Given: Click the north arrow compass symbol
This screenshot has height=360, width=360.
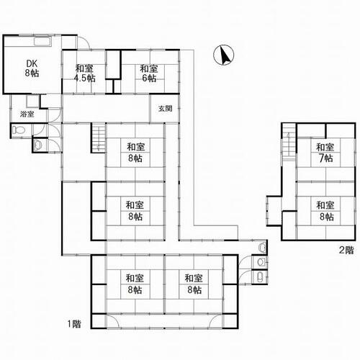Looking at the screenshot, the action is (224, 55).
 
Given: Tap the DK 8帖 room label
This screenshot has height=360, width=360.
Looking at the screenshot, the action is (32, 68).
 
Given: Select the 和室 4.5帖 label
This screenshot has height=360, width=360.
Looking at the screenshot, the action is (84, 73).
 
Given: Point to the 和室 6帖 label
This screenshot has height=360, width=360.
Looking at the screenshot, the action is (149, 73).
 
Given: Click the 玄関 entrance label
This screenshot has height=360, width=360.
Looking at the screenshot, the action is (165, 109).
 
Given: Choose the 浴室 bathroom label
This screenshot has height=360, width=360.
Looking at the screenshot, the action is (27, 114).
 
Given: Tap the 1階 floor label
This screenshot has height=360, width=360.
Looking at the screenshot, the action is (74, 324).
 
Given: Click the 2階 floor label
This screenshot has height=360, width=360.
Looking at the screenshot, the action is (346, 251).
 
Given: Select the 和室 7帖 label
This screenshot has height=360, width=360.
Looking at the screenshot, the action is (325, 153).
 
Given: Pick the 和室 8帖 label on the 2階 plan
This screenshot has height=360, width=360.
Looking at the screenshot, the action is (325, 211).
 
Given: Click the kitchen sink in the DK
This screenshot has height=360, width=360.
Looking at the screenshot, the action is (42, 41).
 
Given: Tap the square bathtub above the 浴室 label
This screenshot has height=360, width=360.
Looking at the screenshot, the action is (32, 102).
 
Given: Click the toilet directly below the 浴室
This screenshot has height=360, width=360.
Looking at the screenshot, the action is (19, 130).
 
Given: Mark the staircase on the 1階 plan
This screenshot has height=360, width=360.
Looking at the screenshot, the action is (98, 138).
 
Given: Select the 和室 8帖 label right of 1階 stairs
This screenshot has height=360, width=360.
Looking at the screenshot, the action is (135, 153).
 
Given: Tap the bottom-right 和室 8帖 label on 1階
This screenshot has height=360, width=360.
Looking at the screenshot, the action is (194, 284).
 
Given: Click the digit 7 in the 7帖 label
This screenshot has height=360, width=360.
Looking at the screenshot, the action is (321, 158).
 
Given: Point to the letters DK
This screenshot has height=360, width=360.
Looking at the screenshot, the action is (32, 63).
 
